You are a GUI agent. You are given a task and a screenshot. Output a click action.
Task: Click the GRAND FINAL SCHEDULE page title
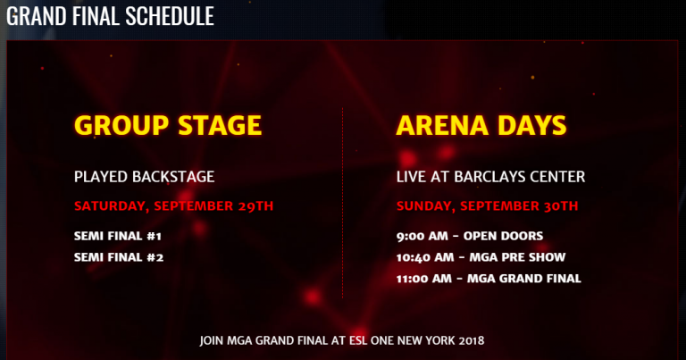point(110,16)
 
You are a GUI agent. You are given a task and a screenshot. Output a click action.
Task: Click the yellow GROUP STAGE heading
point(168,125)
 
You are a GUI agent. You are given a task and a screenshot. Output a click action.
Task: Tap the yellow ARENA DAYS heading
point(481,125)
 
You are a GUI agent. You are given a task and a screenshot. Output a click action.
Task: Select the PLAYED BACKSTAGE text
point(145,177)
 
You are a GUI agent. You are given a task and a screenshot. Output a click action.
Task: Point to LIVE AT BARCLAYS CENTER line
point(491,177)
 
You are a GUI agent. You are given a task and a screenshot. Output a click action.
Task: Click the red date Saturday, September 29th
point(173,206)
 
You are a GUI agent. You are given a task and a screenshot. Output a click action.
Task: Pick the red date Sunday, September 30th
point(488,206)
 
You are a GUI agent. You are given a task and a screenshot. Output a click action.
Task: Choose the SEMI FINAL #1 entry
point(118,236)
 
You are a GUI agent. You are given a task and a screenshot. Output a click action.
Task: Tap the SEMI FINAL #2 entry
point(119,257)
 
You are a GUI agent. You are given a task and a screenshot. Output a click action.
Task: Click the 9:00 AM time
point(422,236)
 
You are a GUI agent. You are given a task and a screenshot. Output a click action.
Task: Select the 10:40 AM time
point(425,257)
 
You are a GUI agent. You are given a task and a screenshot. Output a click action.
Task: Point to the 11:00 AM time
point(424,279)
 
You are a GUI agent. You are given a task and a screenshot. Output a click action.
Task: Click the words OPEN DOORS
point(503,236)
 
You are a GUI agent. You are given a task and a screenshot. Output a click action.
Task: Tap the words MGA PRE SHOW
point(517,257)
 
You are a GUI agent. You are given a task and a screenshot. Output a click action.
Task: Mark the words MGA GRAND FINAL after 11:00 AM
point(524,279)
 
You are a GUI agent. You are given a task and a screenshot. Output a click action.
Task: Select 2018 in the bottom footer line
point(472,340)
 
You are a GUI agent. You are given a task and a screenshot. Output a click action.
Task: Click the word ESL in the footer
point(358,340)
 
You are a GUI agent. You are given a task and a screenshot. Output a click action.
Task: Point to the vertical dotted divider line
point(343,204)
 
